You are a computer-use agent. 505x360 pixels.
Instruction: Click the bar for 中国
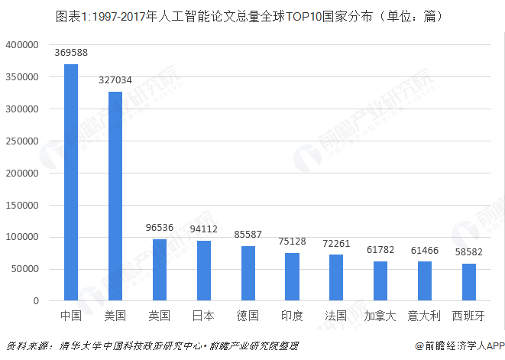pyautogui.click(x=71, y=183)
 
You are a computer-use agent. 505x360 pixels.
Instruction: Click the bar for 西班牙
pyautogui.click(x=468, y=282)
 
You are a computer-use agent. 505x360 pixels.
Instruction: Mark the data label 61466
pyautogui.click(x=424, y=250)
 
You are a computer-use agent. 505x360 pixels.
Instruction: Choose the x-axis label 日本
pyautogui.click(x=203, y=316)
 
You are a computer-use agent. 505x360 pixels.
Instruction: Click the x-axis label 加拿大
pyautogui.click(x=380, y=316)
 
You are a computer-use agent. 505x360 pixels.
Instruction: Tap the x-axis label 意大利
pyautogui.click(x=424, y=316)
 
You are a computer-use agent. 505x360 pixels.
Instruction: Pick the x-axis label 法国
pyautogui.click(x=336, y=316)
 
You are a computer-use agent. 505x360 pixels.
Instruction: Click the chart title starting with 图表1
pyautogui.click(x=251, y=15)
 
